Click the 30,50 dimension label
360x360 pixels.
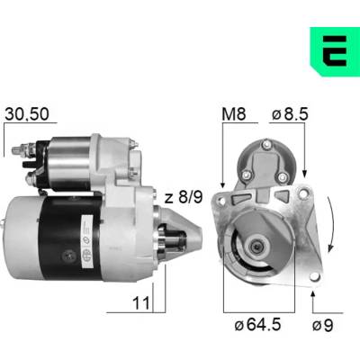point(27,114)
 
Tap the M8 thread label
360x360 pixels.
point(234,114)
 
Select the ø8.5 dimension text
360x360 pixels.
point(290,114)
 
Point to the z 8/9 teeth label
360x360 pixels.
point(184,197)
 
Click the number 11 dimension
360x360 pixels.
point(141,303)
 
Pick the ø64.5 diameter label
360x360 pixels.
point(257,325)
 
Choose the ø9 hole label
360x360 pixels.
point(322,325)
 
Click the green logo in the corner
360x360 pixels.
point(335,51)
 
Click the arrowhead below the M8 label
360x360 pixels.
point(222,184)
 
